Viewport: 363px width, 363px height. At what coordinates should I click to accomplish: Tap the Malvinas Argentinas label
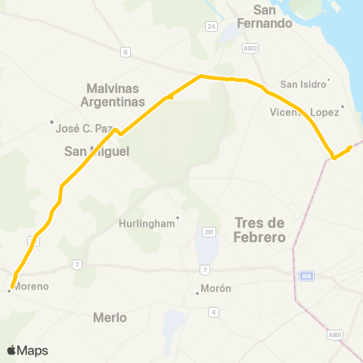tap(110, 95)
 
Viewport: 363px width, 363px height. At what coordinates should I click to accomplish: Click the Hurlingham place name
tap(147, 224)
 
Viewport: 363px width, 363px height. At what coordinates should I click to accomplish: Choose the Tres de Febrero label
tap(259, 230)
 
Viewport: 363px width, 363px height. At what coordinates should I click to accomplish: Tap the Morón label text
tap(216, 289)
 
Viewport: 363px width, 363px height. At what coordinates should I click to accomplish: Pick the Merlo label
tap(109, 317)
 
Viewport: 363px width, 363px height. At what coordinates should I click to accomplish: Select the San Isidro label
tap(302, 85)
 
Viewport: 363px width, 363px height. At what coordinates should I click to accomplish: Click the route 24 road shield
tap(211, 26)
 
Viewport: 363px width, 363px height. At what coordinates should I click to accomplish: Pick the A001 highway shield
tap(335, 334)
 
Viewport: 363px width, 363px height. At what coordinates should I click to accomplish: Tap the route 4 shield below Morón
tap(214, 312)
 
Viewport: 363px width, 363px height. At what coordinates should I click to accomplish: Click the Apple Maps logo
tap(27, 350)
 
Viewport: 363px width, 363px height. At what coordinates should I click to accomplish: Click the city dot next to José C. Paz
tap(51, 122)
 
